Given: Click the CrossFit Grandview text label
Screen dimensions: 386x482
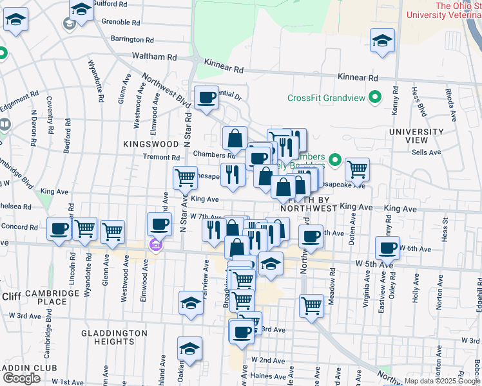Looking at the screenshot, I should (325, 98).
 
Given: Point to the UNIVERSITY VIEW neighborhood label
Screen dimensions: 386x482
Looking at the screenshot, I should (416, 136).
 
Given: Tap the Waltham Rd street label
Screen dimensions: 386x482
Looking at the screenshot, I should (154, 57).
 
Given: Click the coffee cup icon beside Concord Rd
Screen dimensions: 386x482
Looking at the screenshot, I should (59, 228).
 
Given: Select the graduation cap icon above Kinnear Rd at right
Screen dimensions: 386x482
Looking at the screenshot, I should (382, 41).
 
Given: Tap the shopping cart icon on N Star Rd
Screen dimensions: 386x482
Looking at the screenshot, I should (185, 176).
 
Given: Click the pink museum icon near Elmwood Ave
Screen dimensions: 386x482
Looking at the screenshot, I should (155, 245).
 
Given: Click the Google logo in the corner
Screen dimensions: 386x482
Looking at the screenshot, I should (21, 378).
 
